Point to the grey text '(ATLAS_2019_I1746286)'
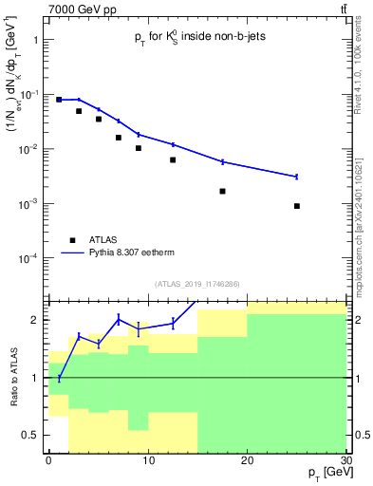coord(196,283)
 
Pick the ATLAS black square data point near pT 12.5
coord(173,159)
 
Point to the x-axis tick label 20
coord(247,459)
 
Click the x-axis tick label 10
coord(147,459)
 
